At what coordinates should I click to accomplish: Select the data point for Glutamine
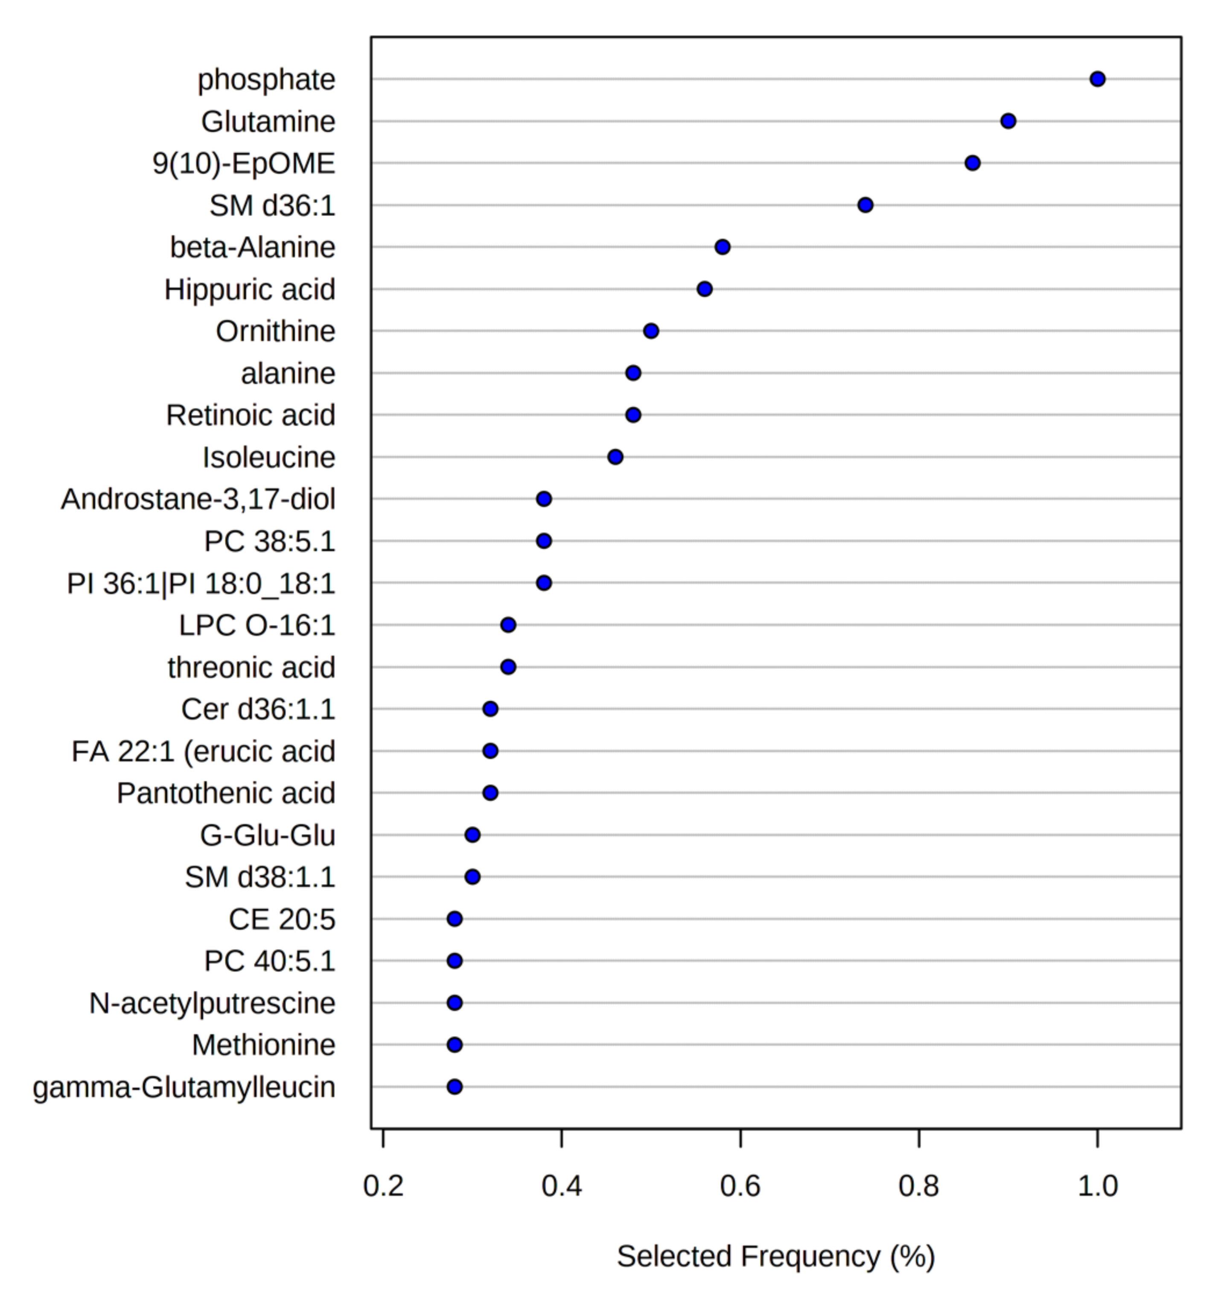coord(1008,121)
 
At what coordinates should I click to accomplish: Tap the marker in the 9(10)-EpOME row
coord(972,163)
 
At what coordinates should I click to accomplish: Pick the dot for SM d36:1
coord(865,205)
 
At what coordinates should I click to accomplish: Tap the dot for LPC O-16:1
coord(508,625)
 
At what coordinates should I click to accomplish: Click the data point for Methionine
coord(454,1045)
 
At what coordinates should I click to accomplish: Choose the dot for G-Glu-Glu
coord(472,835)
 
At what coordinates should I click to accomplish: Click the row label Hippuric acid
coord(250,289)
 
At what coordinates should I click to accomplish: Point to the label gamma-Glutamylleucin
coord(184,1087)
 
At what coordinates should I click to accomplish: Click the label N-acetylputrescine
coord(212,1003)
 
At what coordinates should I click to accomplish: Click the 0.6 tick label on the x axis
coord(740,1185)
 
